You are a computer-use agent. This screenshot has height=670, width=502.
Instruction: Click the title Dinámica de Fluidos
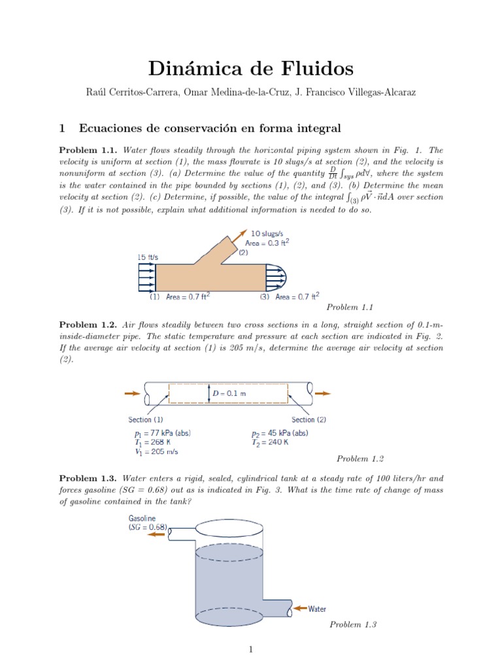click(x=250, y=68)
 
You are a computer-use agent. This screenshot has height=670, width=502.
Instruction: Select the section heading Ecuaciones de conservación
click(x=209, y=127)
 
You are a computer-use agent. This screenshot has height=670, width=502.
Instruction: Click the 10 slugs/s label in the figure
click(x=270, y=232)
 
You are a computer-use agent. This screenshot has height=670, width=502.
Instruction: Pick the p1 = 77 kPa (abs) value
click(x=162, y=433)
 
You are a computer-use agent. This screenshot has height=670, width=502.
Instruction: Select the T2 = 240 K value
click(x=269, y=442)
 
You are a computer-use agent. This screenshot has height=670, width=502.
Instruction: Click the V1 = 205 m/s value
click(x=156, y=451)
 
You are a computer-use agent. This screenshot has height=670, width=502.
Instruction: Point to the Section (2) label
click(x=309, y=419)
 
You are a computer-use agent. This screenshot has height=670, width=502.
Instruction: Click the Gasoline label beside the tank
click(x=142, y=518)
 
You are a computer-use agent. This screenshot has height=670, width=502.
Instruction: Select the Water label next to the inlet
click(x=317, y=608)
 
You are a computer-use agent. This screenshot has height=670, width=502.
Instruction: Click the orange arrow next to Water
click(x=299, y=608)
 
